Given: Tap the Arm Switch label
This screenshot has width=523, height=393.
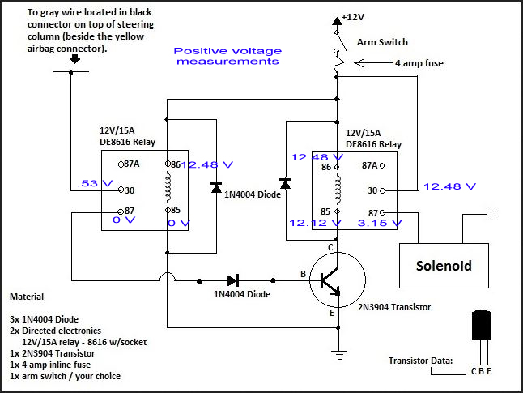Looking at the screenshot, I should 382,42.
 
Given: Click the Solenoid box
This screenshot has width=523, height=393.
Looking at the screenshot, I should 444,265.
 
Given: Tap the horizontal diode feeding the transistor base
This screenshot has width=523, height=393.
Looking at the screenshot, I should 234,280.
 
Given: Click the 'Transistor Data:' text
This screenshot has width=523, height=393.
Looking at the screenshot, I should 421,361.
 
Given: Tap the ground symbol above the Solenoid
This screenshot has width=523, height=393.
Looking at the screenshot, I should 489,215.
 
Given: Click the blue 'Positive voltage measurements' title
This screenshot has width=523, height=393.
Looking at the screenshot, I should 227,56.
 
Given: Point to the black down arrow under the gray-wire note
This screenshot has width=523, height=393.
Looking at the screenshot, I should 74,58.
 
